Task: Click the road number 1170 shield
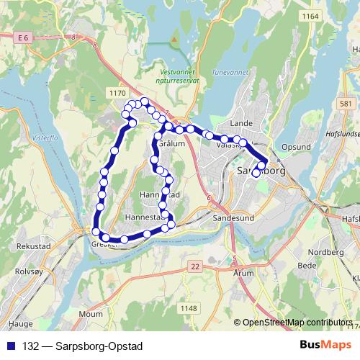pyautogui.click(x=117, y=93)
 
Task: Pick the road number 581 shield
pyautogui.click(x=346, y=104)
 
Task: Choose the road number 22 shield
pyautogui.click(x=194, y=266)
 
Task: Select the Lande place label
pyautogui.click(x=239, y=123)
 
